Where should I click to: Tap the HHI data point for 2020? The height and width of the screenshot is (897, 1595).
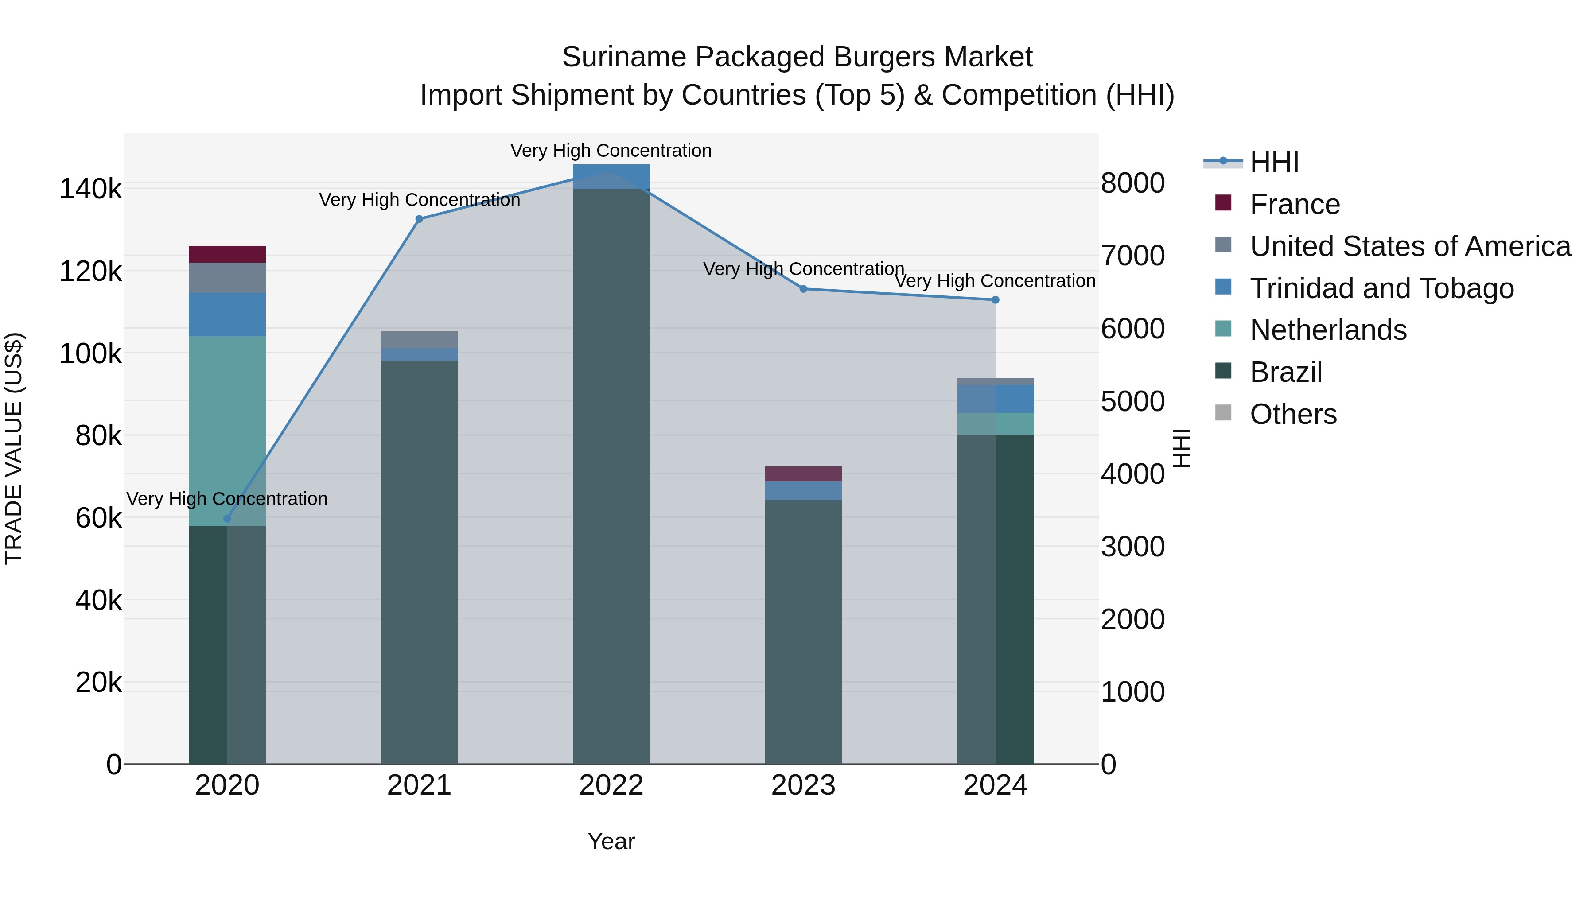(227, 519)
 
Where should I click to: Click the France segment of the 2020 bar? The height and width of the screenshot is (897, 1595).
(227, 254)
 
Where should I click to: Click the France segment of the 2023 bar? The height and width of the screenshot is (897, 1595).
(803, 474)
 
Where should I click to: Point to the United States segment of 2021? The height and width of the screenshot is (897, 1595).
(419, 340)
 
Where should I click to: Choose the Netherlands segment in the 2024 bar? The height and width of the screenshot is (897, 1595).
(995, 424)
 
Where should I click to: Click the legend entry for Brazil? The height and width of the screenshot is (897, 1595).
(1285, 372)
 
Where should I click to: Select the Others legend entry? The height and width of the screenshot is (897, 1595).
(1293, 414)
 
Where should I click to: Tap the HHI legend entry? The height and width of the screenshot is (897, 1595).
(1274, 162)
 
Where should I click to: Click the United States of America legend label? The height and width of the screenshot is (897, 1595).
(1410, 246)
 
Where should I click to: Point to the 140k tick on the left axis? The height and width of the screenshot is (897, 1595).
(90, 189)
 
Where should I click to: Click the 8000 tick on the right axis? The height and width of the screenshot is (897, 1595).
(1132, 183)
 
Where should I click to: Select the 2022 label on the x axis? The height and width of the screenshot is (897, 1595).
(611, 785)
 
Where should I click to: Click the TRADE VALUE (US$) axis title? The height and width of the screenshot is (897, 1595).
(14, 448)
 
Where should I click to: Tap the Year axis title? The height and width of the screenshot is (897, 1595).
(611, 841)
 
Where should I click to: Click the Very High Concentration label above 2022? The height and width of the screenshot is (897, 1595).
(611, 151)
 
